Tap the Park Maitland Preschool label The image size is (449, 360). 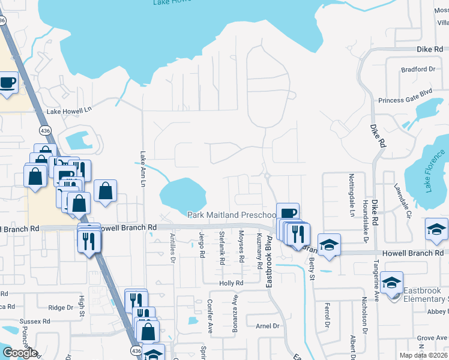click(x=232, y=215)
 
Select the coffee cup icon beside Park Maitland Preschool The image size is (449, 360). click(x=289, y=213)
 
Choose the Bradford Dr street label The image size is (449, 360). click(x=418, y=70)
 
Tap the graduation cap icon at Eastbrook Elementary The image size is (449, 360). click(x=392, y=283)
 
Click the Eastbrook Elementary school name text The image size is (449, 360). click(x=426, y=295)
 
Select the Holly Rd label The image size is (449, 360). click(x=231, y=283)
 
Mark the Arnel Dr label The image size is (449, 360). click(x=268, y=326)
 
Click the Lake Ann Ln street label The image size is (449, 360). click(x=143, y=168)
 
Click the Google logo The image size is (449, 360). click(x=20, y=353)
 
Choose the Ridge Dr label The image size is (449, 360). click(x=61, y=308)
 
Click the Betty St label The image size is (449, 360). click(x=312, y=264)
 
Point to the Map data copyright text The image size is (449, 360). click(x=424, y=355)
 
